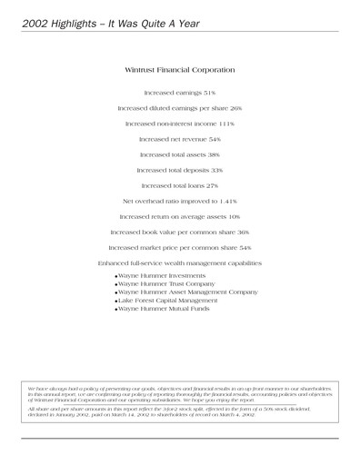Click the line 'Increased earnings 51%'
pos(179,93)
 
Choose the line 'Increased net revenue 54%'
pos(179,139)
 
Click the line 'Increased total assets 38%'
pos(179,154)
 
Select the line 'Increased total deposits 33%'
pos(179,170)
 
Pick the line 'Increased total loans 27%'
pos(179,185)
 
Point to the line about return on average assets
pos(179,216)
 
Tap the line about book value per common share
pos(179,232)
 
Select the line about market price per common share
pos(179,247)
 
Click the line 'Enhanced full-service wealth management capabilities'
pos(179,262)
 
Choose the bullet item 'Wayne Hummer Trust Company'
pos(166,284)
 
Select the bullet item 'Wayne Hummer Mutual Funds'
pos(164,311)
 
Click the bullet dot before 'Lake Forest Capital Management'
pos(117,302)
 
